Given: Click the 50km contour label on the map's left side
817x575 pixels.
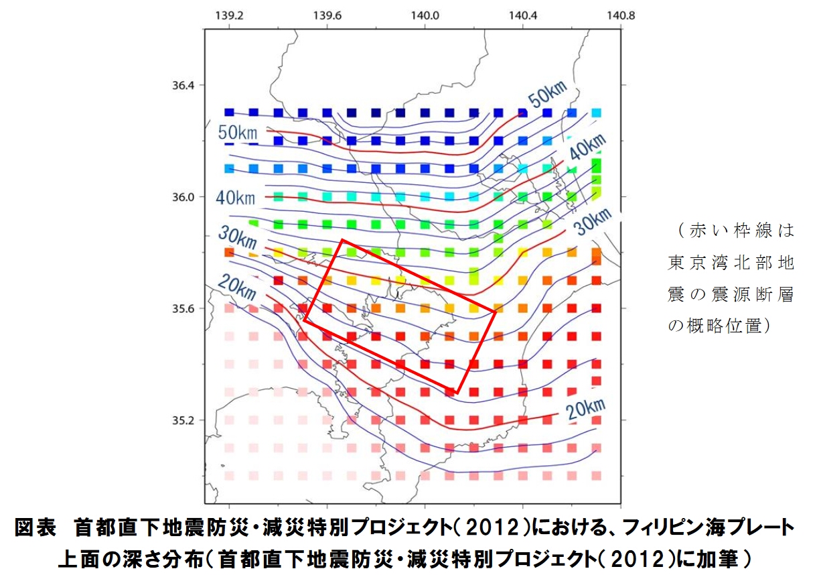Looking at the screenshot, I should coord(238,132).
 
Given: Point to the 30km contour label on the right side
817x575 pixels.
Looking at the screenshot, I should coord(593,222).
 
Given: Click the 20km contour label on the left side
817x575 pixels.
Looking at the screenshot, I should coord(237,288).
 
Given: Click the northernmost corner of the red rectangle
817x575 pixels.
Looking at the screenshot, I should coord(342,240).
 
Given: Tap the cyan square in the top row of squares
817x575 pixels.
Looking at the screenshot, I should coord(596,113).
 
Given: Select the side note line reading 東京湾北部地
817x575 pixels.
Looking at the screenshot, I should coord(731,263).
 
